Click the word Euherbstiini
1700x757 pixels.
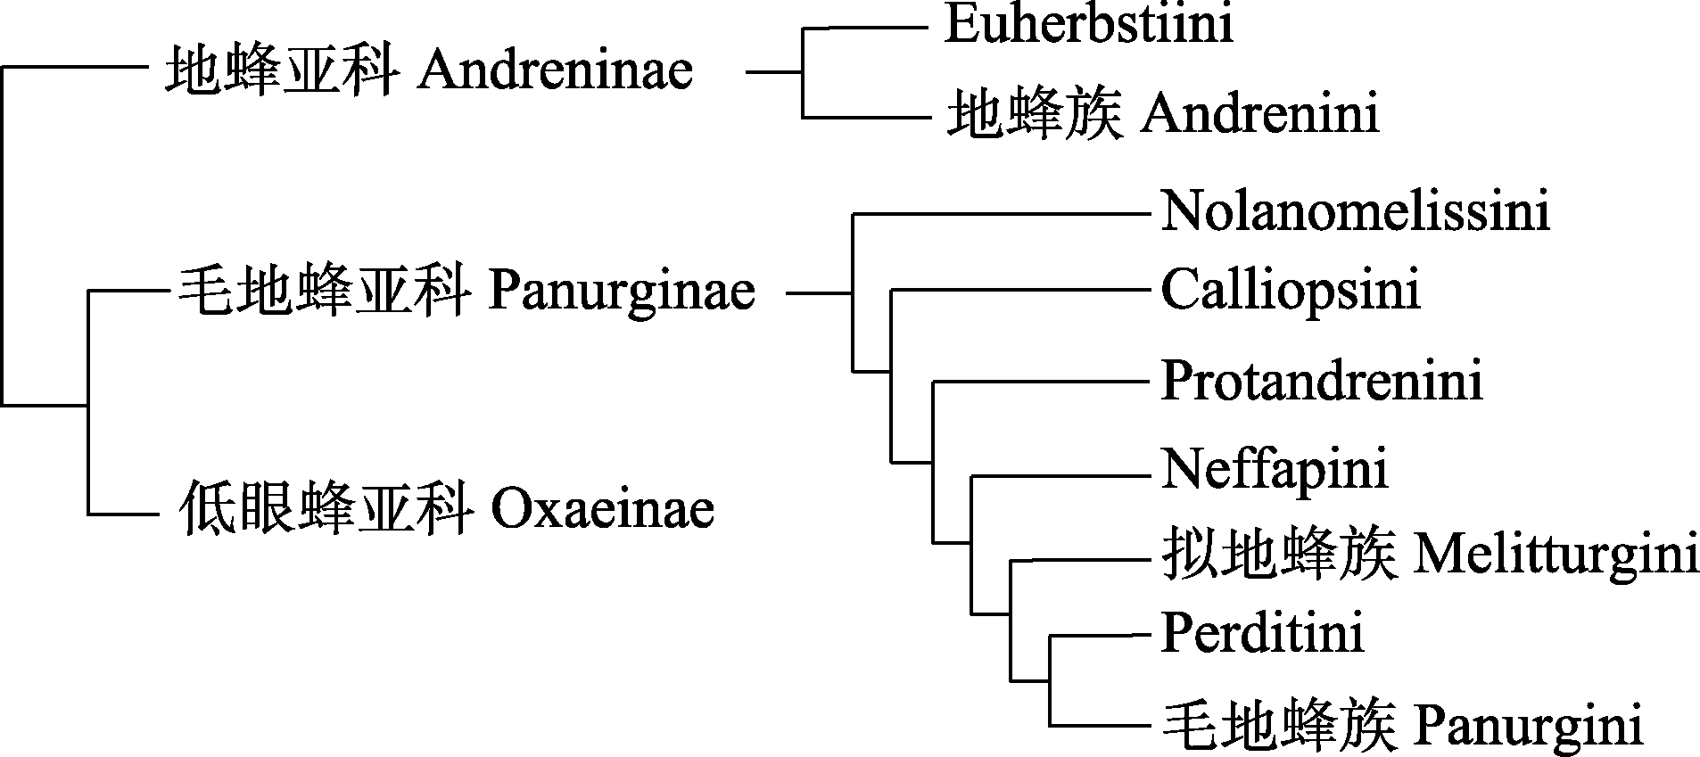(1089, 24)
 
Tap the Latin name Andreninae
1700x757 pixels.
(555, 70)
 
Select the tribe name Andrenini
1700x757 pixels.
(1260, 115)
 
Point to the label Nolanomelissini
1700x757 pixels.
(1355, 213)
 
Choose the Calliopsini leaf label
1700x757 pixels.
(1290, 290)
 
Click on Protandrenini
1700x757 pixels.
(1322, 381)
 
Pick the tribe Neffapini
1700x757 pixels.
(1275, 468)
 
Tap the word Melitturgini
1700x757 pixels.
(1556, 554)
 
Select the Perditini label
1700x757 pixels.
(1262, 634)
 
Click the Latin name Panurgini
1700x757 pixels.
(1528, 726)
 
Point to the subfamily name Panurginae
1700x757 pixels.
(622, 292)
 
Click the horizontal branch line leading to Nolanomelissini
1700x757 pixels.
(999, 214)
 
